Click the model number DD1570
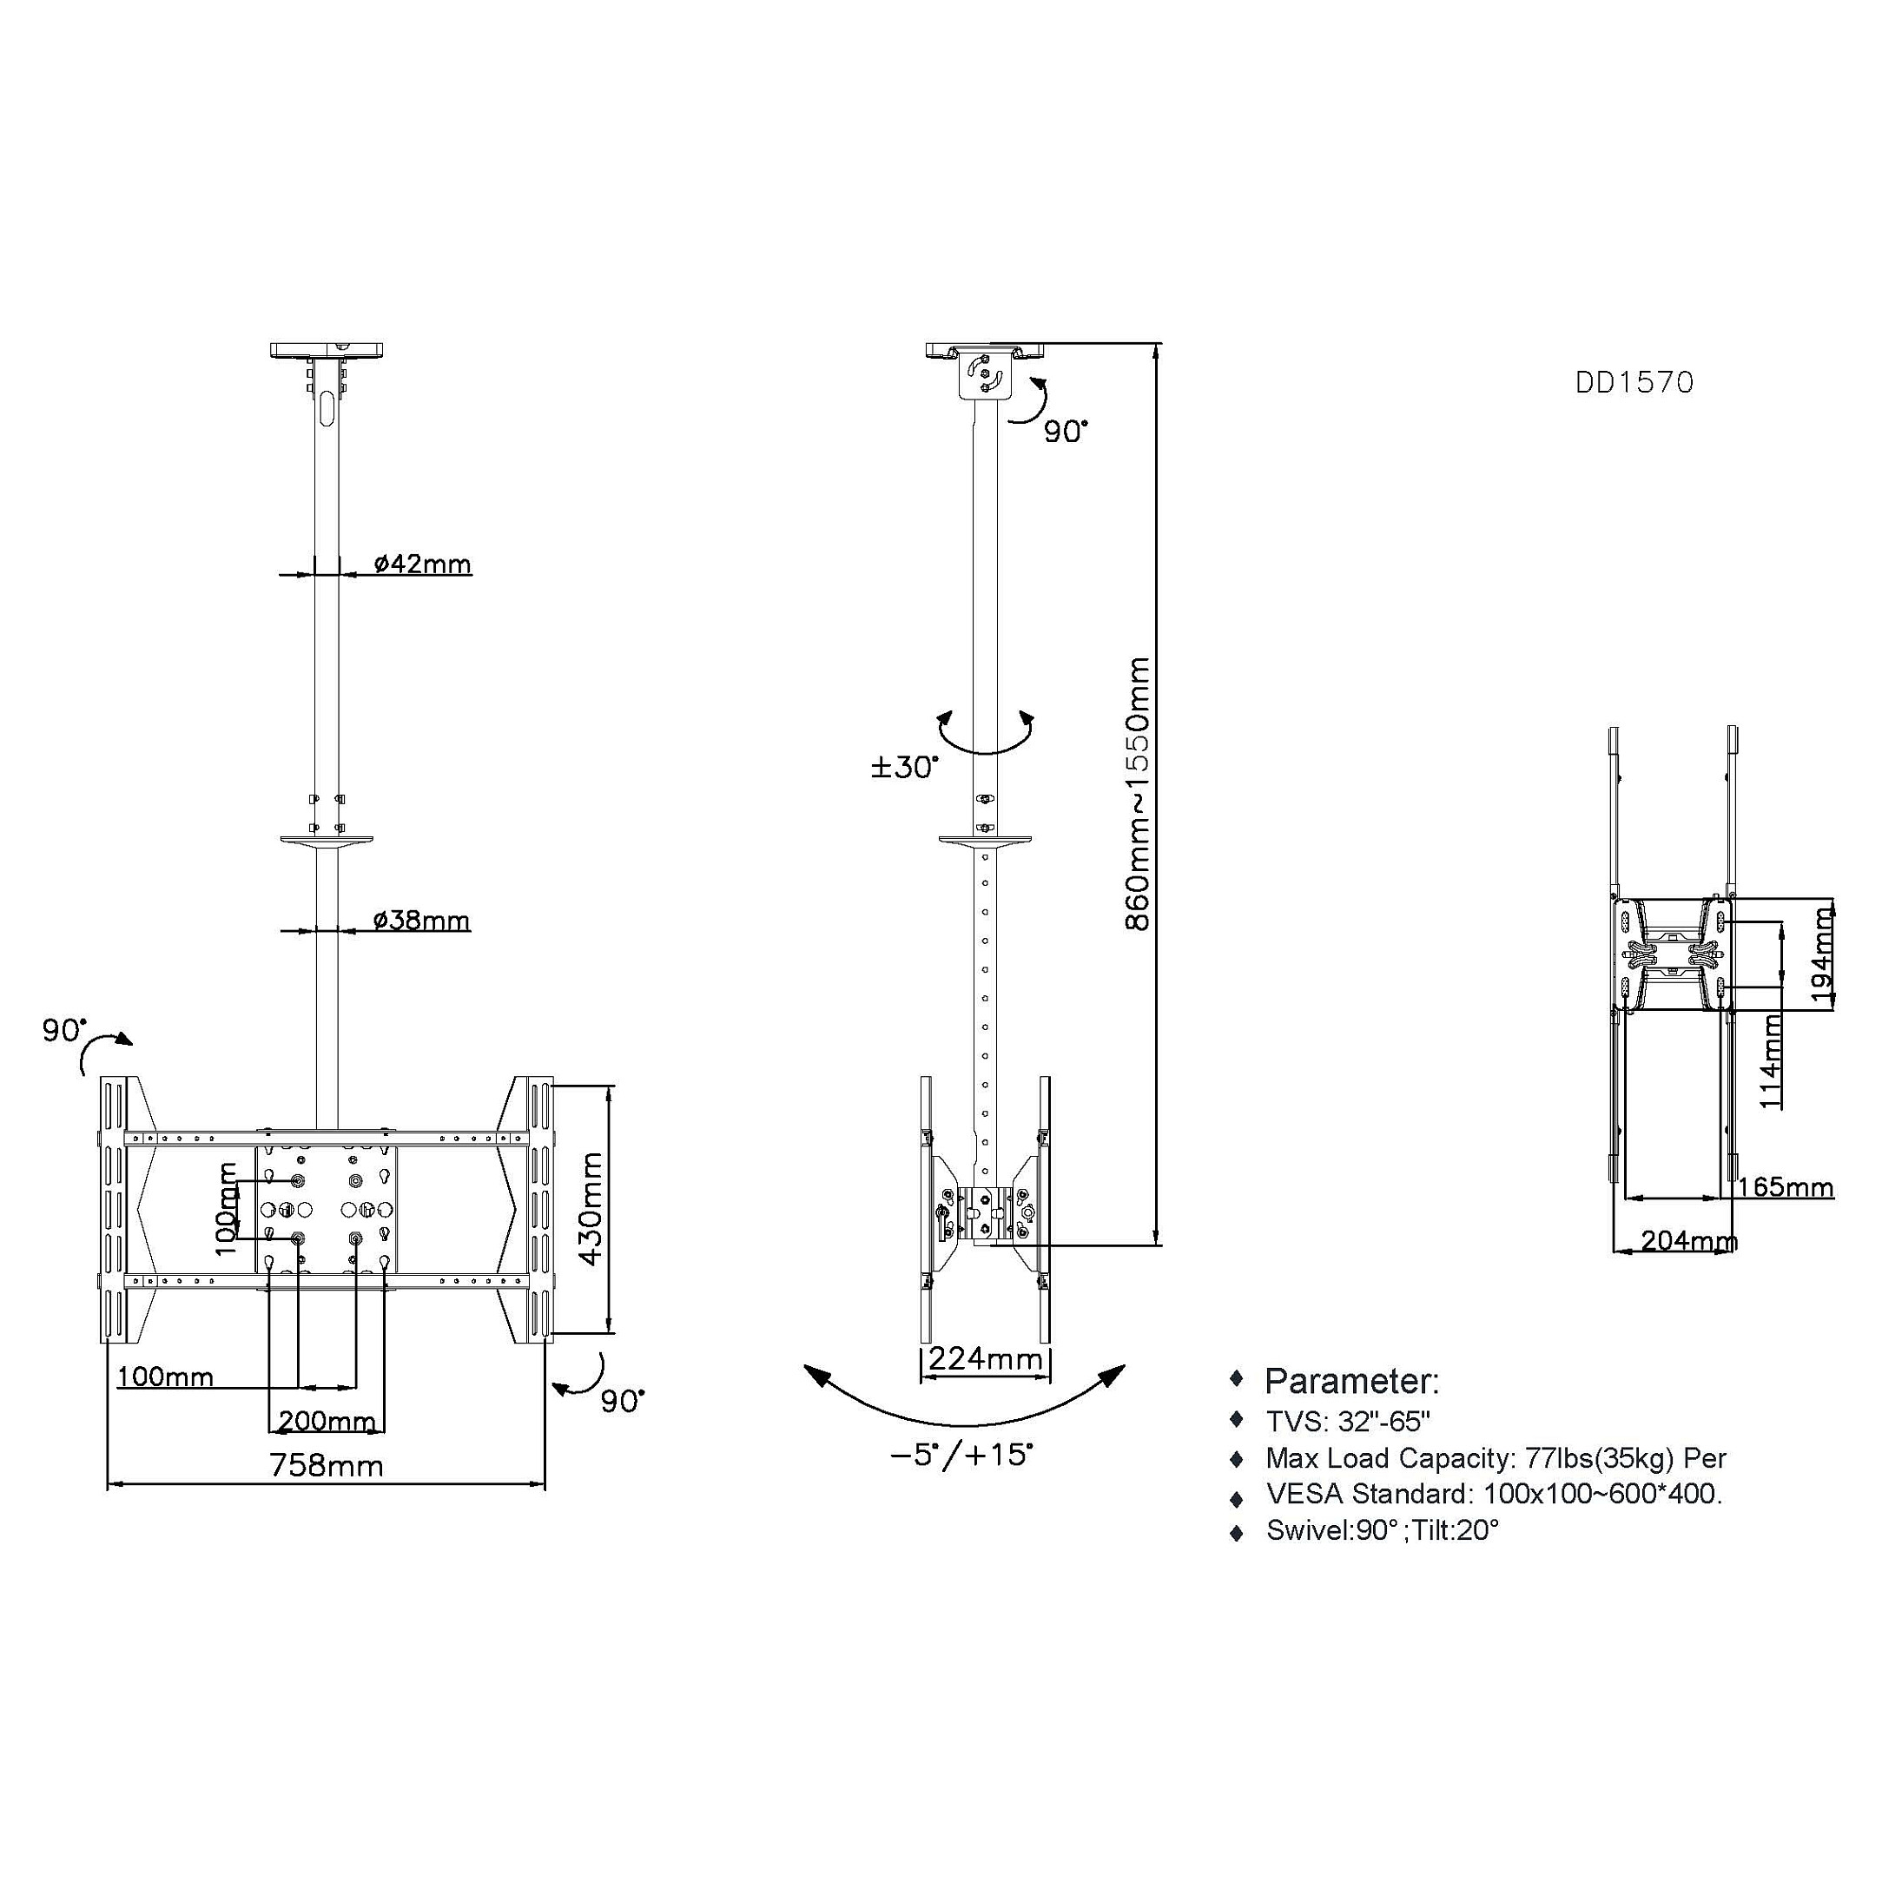click(x=1634, y=383)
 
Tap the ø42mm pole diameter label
click(x=423, y=563)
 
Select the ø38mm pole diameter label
click(x=422, y=920)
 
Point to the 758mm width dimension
click(x=326, y=1465)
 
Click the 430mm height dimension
click(x=591, y=1208)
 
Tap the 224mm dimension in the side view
click(x=985, y=1358)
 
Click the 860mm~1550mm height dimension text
click(x=1137, y=794)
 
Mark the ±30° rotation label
click(x=905, y=768)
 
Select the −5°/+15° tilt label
click(x=961, y=1455)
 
